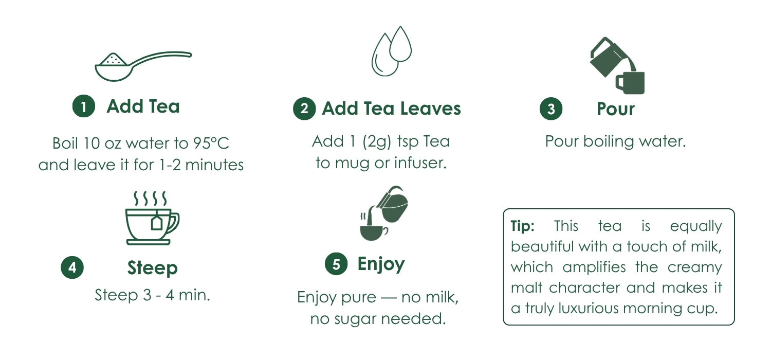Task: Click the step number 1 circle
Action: click(x=84, y=106)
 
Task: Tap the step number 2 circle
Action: click(x=304, y=109)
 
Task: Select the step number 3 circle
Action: click(x=551, y=109)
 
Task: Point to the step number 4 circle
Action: click(x=72, y=267)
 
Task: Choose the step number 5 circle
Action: click(x=336, y=264)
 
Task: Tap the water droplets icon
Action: click(x=391, y=50)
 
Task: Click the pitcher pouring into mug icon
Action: click(x=617, y=65)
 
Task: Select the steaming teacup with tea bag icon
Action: click(x=152, y=218)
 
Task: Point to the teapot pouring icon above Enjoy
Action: click(x=383, y=213)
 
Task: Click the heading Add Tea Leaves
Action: click(x=391, y=109)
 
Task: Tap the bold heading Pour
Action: click(x=616, y=109)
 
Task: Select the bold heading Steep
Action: click(x=153, y=268)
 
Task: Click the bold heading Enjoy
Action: click(x=381, y=264)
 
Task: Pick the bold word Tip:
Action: click(x=523, y=226)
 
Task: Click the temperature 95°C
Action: click(x=211, y=143)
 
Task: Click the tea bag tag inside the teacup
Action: click(x=157, y=223)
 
